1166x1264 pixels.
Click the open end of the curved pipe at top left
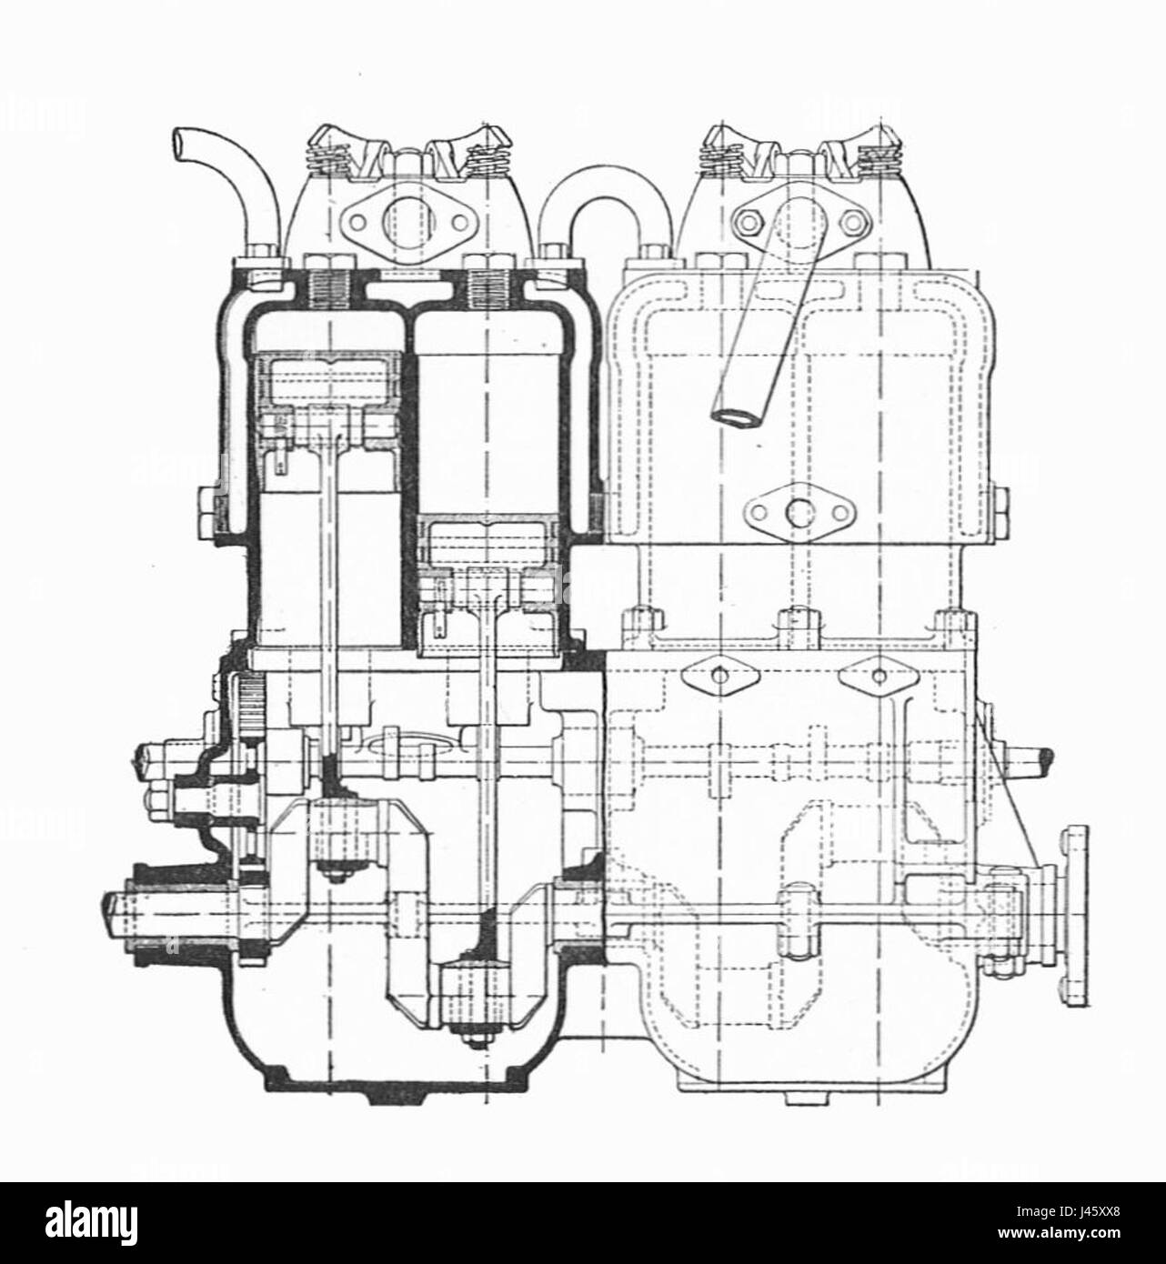pos(177,145)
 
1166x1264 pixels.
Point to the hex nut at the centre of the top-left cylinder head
pos(402,165)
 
